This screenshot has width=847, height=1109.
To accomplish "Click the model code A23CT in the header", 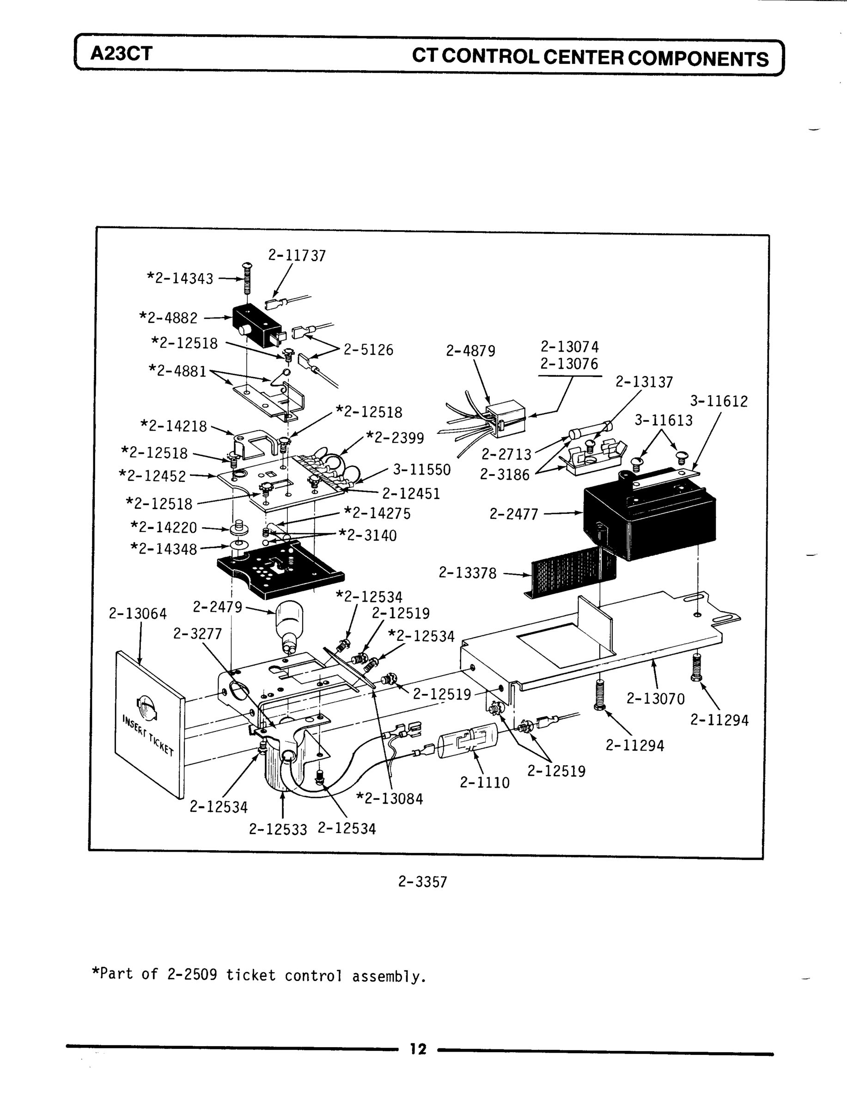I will tap(121, 54).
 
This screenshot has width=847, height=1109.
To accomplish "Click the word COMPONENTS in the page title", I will tap(698, 59).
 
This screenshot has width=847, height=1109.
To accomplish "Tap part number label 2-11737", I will tap(297, 256).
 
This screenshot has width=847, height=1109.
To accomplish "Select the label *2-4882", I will tap(169, 318).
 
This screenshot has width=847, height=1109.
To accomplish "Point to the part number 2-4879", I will tap(470, 351).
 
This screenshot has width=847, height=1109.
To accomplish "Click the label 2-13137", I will tap(644, 382).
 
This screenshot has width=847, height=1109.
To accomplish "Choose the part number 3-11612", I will tap(719, 401).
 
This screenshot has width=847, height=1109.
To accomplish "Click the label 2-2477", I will tap(514, 514).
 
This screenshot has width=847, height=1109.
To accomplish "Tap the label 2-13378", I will tap(467, 573).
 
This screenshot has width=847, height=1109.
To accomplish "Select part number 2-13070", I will tap(655, 699).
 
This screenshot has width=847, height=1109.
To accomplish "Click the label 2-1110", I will tap(485, 782).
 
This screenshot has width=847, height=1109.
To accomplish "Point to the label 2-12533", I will tap(278, 829).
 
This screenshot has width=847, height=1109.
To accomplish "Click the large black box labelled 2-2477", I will tap(650, 519).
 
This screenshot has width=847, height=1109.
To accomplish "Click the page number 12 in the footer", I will tap(418, 1049).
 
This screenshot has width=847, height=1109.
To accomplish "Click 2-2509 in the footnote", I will tap(192, 975).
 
